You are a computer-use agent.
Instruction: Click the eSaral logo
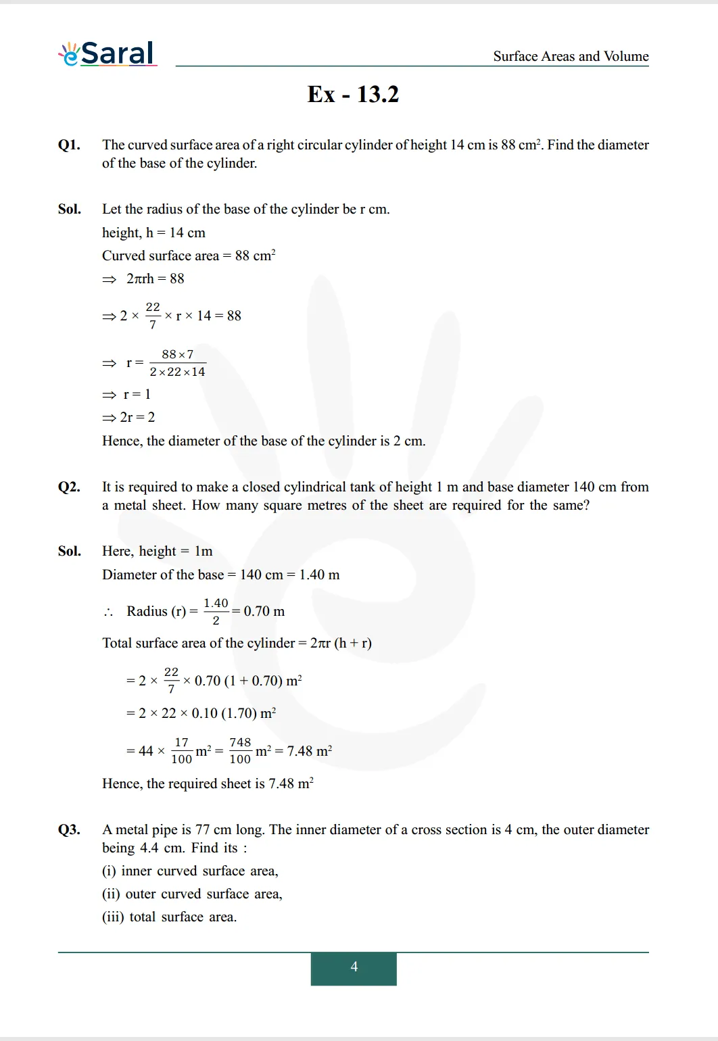pos(108,53)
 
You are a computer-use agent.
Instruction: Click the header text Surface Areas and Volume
pos(571,56)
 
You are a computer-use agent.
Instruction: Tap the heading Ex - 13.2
pos(353,94)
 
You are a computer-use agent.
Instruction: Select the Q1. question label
pos(69,145)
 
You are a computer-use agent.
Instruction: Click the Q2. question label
pos(69,487)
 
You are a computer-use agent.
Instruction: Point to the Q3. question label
pos(69,829)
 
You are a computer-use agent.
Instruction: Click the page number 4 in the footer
pos(354,967)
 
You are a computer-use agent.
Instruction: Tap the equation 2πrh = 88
pos(155,279)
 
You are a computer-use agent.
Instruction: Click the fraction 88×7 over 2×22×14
pos(177,363)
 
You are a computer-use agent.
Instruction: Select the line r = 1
pos(137,394)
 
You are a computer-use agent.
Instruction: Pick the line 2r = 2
pos(137,417)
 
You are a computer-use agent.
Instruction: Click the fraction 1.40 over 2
pos(216,611)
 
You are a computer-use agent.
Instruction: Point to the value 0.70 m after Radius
pos(264,611)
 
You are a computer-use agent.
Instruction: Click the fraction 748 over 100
pos(240,750)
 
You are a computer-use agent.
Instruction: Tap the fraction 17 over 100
pos(181,750)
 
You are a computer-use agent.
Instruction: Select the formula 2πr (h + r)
pos(341,643)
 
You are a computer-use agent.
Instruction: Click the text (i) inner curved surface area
pos(190,871)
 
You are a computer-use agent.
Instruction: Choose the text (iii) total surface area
pos(169,917)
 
